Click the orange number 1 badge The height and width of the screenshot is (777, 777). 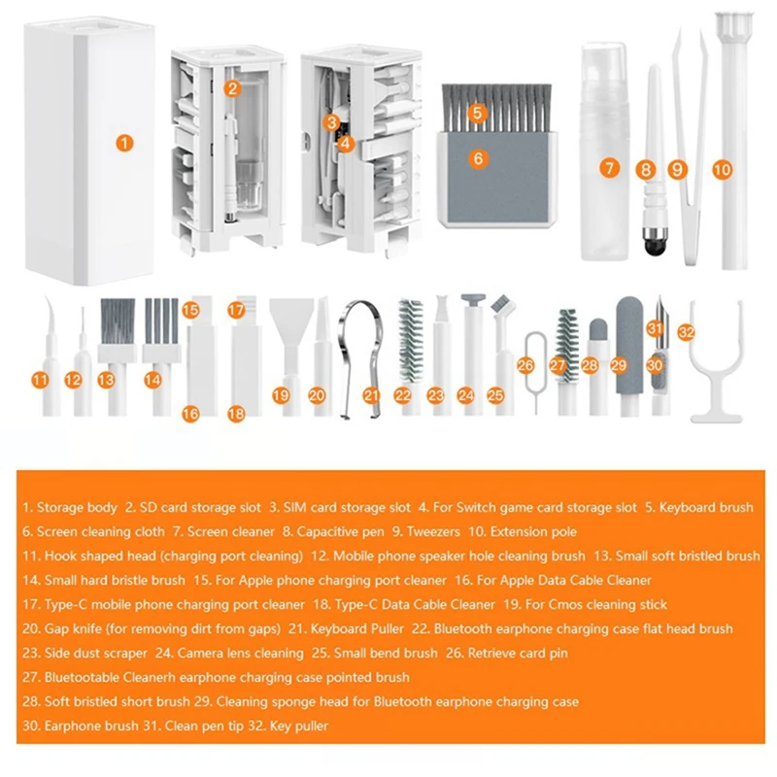tap(123, 143)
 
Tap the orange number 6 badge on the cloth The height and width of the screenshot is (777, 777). tap(478, 158)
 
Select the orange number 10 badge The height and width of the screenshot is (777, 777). tap(721, 168)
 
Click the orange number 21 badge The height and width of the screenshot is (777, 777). tap(370, 395)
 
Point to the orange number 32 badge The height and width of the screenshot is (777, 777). tap(687, 331)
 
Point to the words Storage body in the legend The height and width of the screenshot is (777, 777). tap(77, 507)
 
